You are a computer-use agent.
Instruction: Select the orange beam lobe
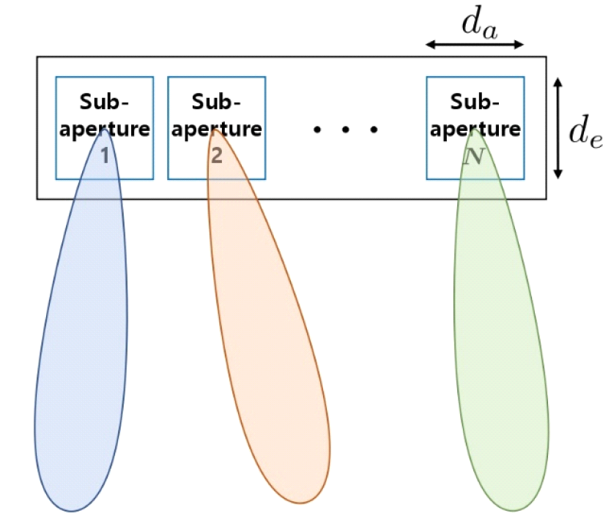pos(264,351)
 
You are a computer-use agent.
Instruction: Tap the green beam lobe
pos(506,351)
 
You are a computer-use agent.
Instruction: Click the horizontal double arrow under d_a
pos(475,45)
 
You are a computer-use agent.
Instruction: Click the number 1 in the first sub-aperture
pos(105,155)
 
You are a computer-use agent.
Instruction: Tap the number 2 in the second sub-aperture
pos(216,155)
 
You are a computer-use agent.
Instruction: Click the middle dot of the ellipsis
pos(346,130)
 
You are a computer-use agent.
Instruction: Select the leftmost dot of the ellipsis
pos(317,130)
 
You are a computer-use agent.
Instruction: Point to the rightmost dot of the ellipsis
pos(374,130)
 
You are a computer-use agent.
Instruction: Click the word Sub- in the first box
pos(105,101)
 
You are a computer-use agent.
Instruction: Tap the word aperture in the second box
pos(216,129)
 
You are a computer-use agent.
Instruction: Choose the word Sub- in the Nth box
pos(475,101)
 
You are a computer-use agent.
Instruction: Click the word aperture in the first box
pos(105,129)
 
